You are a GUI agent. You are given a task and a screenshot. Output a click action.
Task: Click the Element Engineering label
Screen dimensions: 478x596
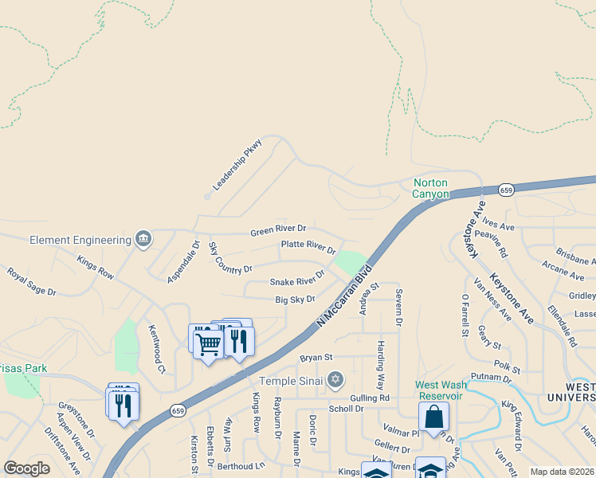tap(80, 240)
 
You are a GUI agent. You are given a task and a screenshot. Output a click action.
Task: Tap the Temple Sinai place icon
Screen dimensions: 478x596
tap(335, 379)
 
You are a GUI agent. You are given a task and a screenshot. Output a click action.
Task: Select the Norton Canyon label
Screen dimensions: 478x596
tap(431, 188)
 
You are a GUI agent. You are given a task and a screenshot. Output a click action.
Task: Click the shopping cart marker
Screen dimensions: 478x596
tap(208, 345)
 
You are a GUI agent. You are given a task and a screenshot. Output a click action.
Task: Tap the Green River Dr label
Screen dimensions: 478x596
tap(278, 230)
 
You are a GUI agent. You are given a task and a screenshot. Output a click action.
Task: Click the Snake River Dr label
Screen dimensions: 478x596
tap(297, 279)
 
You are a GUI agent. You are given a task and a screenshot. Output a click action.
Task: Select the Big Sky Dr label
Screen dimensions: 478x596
tap(295, 300)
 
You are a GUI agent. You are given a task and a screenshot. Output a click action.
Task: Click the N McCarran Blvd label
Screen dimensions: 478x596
tap(344, 296)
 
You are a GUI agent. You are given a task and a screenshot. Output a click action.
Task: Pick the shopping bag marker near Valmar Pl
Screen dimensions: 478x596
tap(433, 415)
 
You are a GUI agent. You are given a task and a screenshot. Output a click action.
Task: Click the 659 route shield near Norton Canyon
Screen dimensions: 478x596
tap(506, 190)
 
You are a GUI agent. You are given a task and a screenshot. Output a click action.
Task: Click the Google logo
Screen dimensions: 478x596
tap(26, 468)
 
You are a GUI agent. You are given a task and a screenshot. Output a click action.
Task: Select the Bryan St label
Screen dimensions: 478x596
tap(316, 358)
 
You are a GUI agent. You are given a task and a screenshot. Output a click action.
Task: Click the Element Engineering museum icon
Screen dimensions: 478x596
tap(143, 237)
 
